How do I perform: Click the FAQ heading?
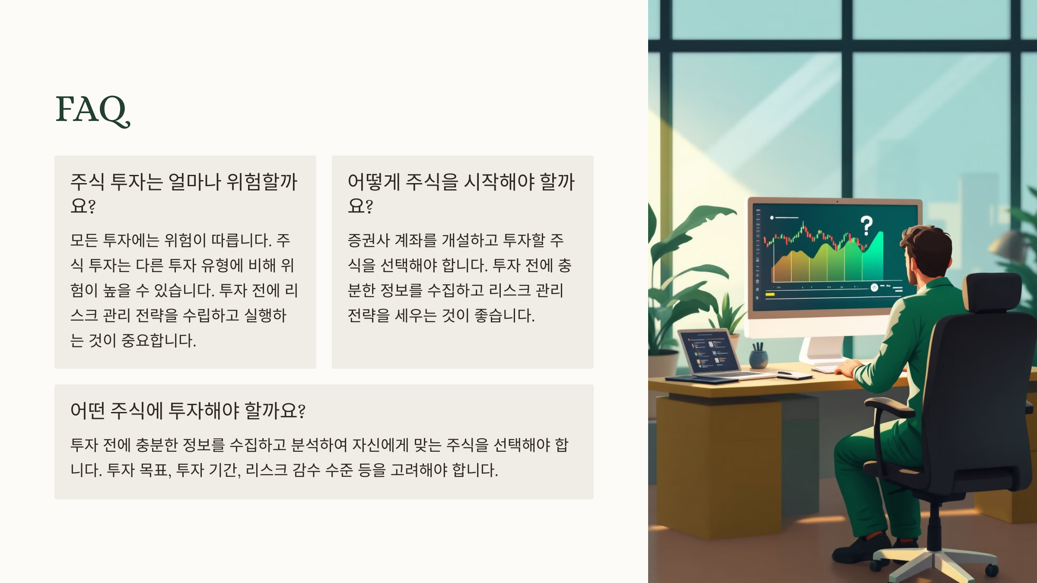92,110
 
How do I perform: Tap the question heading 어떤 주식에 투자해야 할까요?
188,410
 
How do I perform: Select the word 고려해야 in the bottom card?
419,470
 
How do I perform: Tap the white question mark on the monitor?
866,225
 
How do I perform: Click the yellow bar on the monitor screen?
770,295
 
